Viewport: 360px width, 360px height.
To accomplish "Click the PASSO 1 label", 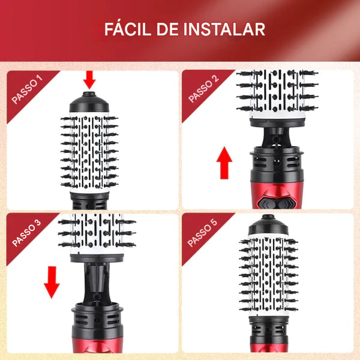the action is pos(27,89).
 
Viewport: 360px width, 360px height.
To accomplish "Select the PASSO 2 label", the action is pos(203,89).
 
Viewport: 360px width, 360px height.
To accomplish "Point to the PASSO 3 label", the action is pos(26,233).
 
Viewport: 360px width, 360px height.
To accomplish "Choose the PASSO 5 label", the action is pos(202,233).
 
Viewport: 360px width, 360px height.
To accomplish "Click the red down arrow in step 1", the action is pos(89,80).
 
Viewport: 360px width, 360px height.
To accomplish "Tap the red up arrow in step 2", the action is pos(224,163).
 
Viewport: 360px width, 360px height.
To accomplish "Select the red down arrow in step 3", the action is pos(52,283).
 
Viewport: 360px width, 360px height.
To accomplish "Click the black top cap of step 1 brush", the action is pos(89,103).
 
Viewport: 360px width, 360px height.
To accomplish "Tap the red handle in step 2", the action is pos(277,194).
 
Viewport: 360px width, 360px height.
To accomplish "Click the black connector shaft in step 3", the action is pos(97,284).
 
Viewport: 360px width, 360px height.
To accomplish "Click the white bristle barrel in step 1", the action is pos(89,152).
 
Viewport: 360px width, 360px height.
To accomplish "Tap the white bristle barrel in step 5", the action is pos(268,275).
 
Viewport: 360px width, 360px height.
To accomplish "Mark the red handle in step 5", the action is pos(269,347).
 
